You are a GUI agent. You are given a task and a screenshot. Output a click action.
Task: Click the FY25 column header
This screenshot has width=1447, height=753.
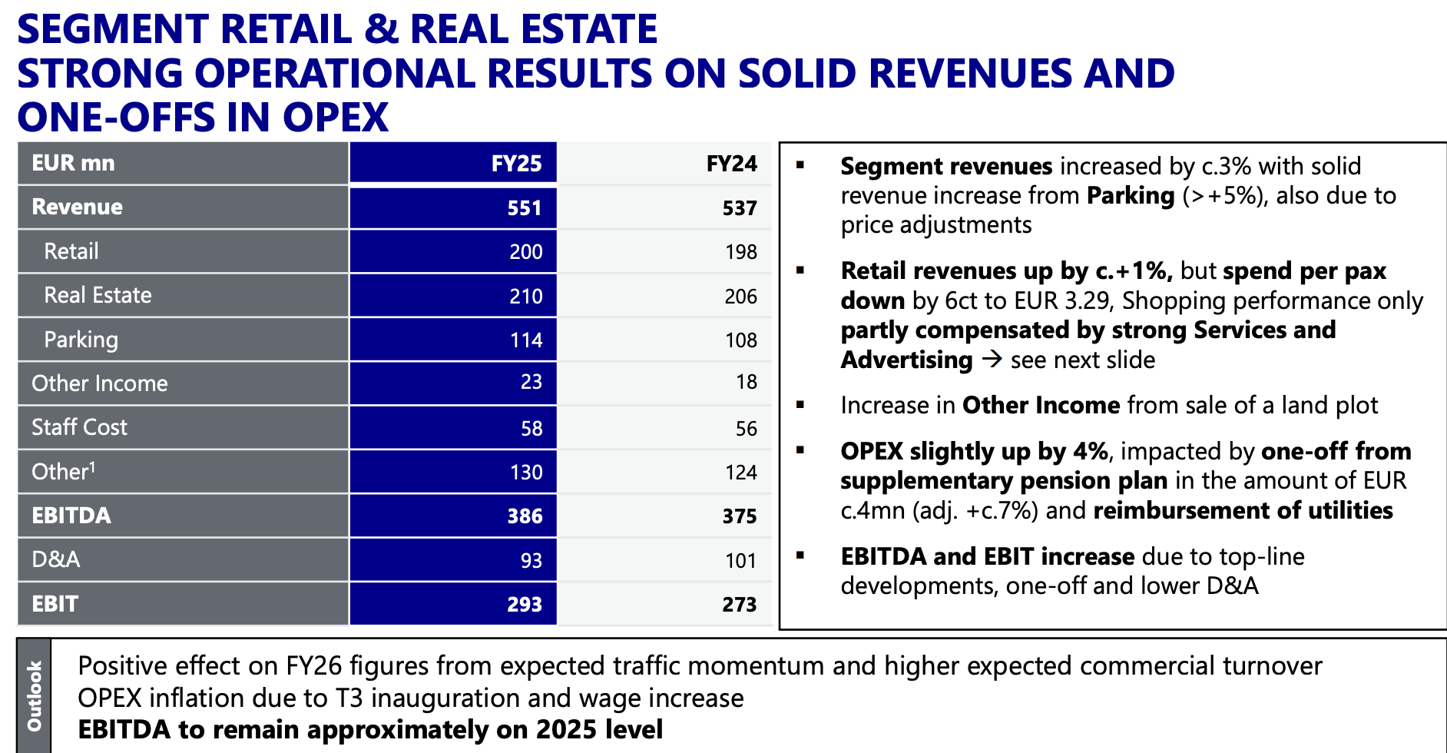(x=516, y=164)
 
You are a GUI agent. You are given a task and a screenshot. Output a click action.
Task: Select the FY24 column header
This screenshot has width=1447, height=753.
(x=731, y=164)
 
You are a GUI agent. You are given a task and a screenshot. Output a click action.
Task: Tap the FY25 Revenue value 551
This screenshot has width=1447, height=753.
(x=524, y=208)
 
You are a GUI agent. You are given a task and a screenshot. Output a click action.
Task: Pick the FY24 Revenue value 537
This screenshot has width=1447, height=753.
(x=739, y=208)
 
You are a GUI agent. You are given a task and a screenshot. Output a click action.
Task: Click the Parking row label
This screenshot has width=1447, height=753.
(x=81, y=340)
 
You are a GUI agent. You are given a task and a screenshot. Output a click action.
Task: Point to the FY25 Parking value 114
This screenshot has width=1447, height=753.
(x=526, y=340)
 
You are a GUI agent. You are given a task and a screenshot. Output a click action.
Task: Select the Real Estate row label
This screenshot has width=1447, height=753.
(x=98, y=296)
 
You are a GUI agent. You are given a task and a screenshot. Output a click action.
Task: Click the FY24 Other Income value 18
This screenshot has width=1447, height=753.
(x=746, y=382)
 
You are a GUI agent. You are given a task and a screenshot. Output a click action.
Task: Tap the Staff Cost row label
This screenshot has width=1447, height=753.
(x=79, y=427)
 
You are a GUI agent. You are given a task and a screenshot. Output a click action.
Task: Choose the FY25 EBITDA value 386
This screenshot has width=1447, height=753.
(x=525, y=516)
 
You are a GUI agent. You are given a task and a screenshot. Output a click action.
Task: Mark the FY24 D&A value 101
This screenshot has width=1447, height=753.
(x=740, y=561)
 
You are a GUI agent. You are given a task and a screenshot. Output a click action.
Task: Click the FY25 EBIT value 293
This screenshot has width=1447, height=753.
(x=525, y=605)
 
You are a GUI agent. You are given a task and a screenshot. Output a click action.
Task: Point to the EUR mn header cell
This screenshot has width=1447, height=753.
(x=73, y=164)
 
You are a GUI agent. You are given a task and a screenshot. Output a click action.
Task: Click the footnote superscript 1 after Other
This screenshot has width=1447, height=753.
(x=92, y=466)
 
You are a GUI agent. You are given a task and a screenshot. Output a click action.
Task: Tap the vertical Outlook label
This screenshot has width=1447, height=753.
(x=35, y=695)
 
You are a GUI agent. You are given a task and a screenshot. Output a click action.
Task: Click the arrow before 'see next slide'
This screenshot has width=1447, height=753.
(x=992, y=359)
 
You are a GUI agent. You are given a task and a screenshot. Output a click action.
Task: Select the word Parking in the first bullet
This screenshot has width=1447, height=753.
(x=1131, y=196)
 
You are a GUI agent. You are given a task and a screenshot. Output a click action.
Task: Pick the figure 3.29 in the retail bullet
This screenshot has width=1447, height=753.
(x=1090, y=300)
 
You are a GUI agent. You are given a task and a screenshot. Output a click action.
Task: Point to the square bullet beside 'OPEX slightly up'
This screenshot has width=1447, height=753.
(x=800, y=450)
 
